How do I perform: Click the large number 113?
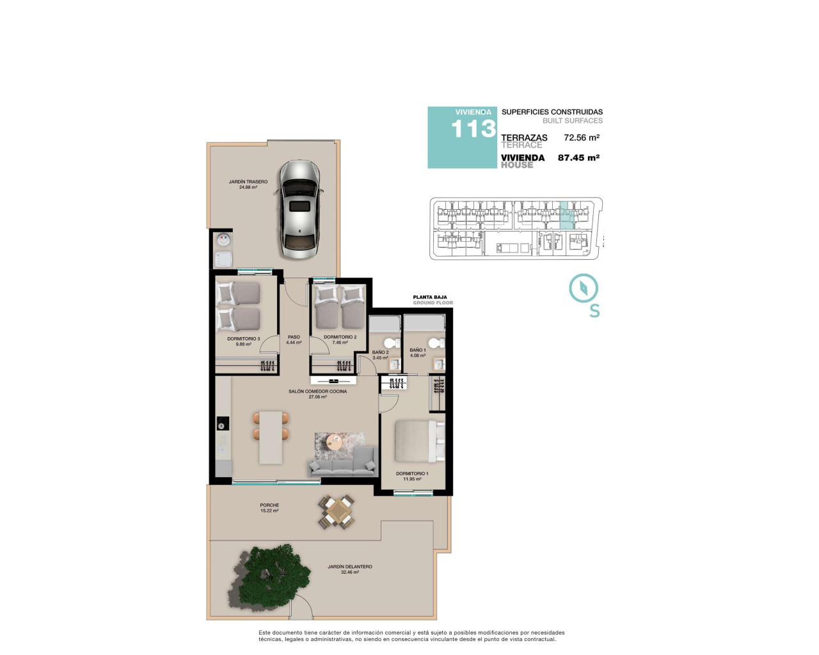(473, 130)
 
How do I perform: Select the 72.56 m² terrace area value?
(581, 138)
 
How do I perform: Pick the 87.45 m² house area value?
(578, 157)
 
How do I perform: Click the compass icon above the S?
(583, 288)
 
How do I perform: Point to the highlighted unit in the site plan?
(566, 216)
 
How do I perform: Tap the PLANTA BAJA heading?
(430, 297)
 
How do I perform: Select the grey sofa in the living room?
(342, 464)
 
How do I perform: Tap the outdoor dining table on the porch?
(337, 512)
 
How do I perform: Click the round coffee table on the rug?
(334, 441)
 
